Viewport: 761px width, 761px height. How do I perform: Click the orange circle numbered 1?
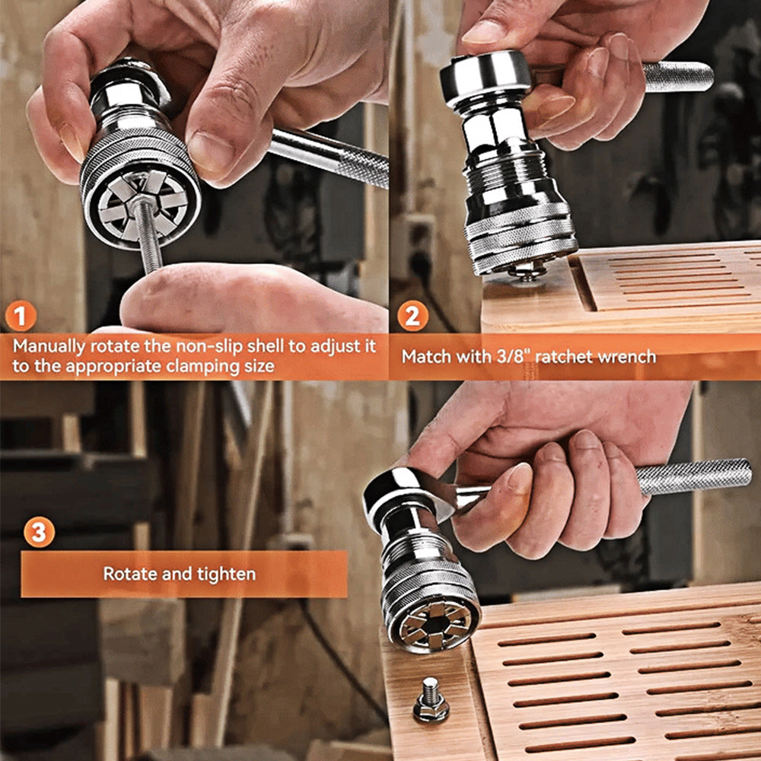pos(21,316)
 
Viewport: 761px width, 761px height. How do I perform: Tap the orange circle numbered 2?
pos(412,317)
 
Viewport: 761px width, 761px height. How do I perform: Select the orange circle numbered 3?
pos(39,532)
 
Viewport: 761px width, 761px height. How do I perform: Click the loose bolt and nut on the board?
pos(431,699)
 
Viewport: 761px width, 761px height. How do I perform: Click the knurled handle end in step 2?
pos(678,77)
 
